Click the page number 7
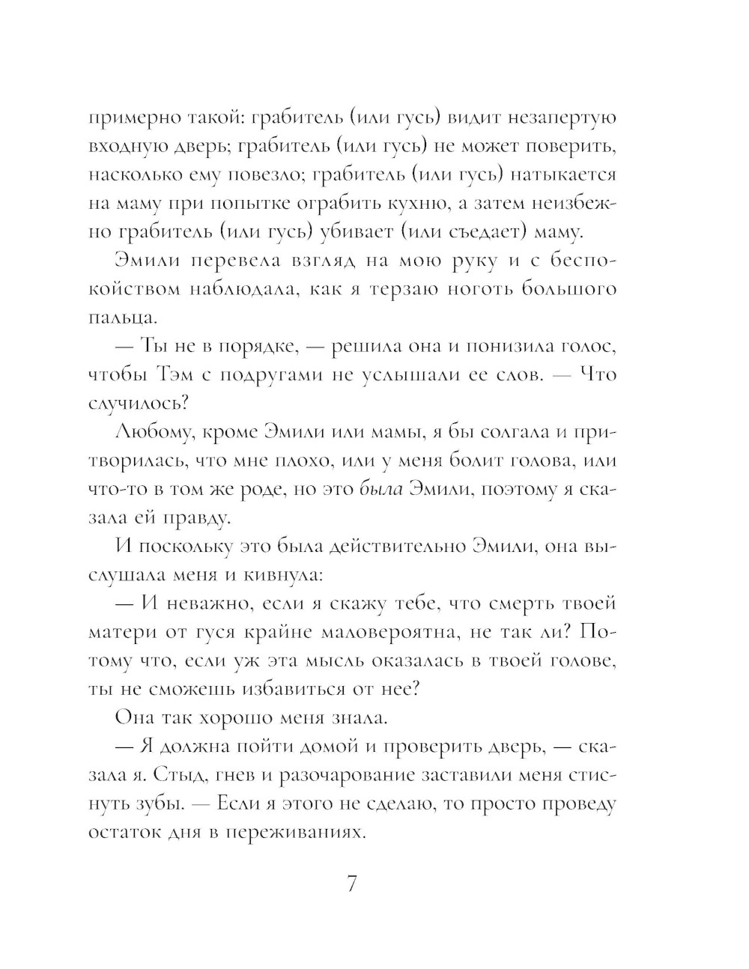pos(352,884)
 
